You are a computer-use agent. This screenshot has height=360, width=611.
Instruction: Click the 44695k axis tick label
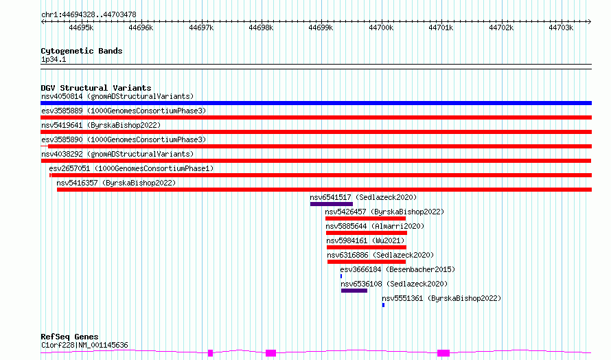[81, 27]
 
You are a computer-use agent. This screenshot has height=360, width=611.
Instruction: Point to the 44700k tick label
[381, 27]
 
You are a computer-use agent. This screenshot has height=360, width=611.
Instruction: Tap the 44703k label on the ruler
[561, 27]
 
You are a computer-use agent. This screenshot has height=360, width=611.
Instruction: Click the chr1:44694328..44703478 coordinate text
[89, 15]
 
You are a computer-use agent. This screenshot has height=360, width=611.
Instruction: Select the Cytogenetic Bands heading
[82, 51]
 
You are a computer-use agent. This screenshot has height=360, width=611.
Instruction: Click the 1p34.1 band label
[54, 59]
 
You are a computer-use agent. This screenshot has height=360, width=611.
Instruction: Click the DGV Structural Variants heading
[96, 88]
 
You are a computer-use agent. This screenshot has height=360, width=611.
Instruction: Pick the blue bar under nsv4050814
[316, 103]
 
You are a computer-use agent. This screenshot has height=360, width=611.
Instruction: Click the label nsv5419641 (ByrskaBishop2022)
[101, 125]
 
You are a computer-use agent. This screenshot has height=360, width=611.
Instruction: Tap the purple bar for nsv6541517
[332, 204]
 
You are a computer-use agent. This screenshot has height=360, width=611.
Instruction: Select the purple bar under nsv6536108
[354, 291]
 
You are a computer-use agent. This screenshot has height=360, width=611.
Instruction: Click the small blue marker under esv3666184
[341, 276]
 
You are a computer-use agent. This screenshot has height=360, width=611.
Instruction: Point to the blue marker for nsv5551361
[384, 305]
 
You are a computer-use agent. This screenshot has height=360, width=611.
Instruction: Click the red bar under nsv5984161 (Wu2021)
[367, 247]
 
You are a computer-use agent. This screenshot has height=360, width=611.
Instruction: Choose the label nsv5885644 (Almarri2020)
[375, 226]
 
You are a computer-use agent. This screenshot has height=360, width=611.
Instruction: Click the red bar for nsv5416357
[324, 190]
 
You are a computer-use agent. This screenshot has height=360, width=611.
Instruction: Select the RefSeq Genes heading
[69, 337]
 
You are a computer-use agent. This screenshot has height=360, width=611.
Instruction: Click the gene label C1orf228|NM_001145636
[84, 345]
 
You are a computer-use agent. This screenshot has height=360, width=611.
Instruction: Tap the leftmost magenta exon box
[211, 353]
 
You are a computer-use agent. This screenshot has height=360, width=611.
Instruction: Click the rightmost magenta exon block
[443, 353]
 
